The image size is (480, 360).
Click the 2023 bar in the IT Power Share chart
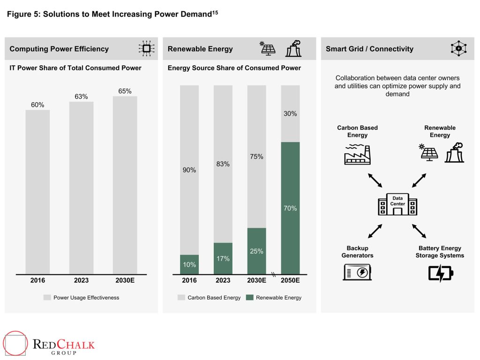click(81, 187)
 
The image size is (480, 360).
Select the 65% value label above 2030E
click(125, 91)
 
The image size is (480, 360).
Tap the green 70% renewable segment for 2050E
click(290, 208)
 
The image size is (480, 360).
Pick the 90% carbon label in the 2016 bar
click(189, 170)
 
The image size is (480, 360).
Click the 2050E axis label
click(290, 280)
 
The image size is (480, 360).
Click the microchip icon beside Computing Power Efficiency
click(146, 49)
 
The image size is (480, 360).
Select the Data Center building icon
click(397, 204)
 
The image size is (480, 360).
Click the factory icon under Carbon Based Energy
click(357, 154)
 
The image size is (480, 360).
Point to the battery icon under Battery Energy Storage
click(441, 273)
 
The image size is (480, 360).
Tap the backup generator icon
click(357, 272)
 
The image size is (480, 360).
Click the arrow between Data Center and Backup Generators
click(375, 230)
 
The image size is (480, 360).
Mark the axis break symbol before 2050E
click(273, 275)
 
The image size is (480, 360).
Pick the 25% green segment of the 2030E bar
click(256, 251)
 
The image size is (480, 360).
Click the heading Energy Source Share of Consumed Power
click(234, 68)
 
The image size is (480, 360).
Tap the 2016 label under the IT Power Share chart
click(37, 280)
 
